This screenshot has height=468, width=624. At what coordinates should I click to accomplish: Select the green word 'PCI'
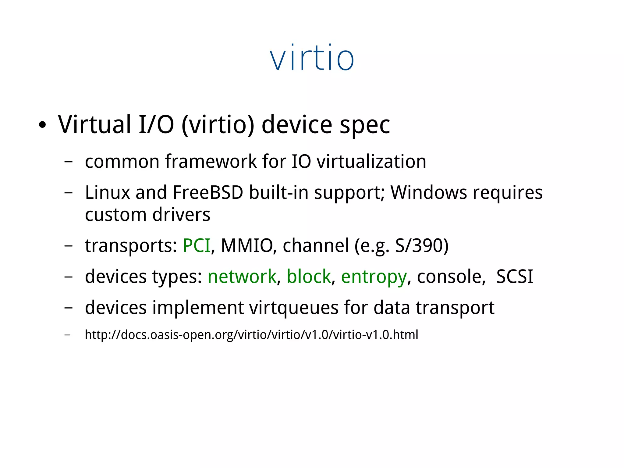tap(197, 245)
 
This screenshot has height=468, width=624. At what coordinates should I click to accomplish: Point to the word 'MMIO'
tap(246, 245)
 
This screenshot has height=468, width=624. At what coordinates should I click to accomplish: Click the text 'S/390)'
tap(422, 245)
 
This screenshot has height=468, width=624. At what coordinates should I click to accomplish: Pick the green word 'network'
tap(242, 277)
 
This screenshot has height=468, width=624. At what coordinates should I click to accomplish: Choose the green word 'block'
tap(309, 277)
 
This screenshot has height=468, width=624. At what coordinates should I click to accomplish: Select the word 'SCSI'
tap(515, 277)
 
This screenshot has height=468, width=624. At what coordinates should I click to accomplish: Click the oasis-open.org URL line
tap(251, 335)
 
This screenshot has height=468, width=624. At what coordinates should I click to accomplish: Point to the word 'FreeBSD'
tap(208, 193)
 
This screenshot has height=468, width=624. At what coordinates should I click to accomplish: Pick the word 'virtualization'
tap(371, 161)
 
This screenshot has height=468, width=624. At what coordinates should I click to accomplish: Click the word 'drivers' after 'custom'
tap(181, 215)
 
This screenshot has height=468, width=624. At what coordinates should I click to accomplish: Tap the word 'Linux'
tap(108, 193)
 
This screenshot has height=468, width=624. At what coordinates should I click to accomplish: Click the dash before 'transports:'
tap(69, 246)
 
